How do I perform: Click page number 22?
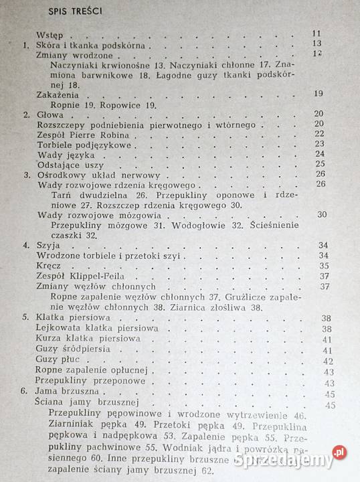tap(319, 133)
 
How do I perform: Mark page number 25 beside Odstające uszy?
tap(319, 164)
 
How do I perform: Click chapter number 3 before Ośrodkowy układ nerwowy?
tap(26, 175)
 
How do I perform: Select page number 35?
tap(324, 265)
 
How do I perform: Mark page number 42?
tap(327, 361)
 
